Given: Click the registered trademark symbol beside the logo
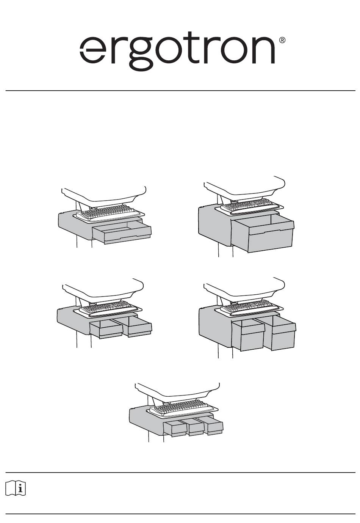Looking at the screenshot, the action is (x=282, y=40).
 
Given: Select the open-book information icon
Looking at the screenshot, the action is (x=16, y=488).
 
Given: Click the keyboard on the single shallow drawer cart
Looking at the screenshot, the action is (x=108, y=212).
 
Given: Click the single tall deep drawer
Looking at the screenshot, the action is (x=263, y=234).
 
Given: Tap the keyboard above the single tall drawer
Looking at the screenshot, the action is (x=247, y=204).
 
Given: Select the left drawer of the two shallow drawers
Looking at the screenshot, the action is (x=106, y=329).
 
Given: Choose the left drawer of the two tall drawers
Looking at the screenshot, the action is (x=248, y=335).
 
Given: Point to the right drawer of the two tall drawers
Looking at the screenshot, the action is (x=280, y=333).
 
